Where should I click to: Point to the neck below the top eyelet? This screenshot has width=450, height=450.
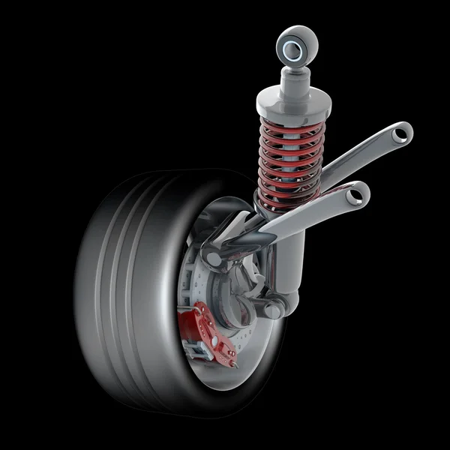(x=295, y=75)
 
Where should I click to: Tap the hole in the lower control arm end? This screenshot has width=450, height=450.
(x=361, y=195)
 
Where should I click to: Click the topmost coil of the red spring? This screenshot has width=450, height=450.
(x=289, y=120)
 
